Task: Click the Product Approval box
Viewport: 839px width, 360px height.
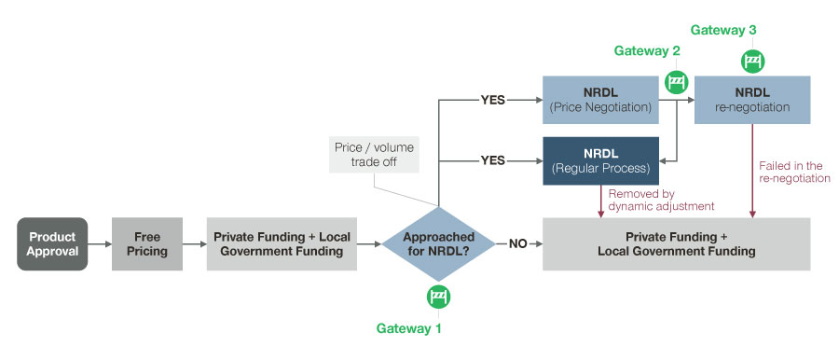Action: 52,244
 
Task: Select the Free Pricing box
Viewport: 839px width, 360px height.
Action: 147,244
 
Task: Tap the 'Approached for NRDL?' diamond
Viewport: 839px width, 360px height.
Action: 439,244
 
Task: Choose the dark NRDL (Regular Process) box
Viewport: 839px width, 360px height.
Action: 602,160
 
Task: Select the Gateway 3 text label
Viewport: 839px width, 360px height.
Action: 725,30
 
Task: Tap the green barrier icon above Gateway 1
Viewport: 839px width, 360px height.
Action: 439,298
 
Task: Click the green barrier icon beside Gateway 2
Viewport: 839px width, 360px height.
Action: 676,81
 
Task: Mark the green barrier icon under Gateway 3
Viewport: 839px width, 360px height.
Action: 752,62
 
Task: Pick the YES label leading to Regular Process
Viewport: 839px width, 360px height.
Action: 491,160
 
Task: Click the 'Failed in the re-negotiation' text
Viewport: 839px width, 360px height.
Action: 793,172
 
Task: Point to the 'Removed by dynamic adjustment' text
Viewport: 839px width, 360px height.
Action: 660,199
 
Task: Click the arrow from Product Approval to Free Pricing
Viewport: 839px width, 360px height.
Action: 99,244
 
